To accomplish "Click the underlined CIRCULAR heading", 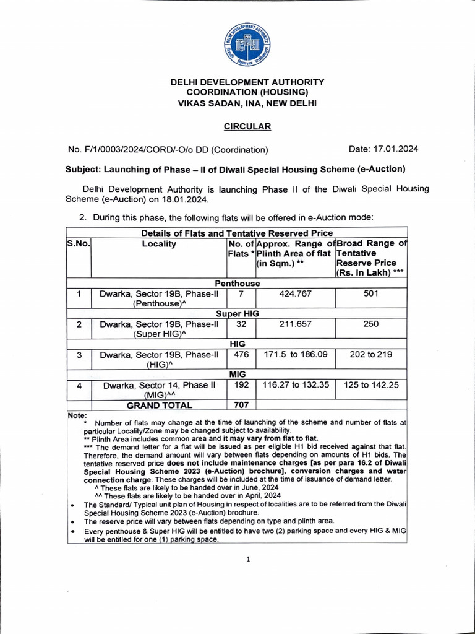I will coord(247,126).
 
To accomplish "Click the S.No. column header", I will coord(79,244).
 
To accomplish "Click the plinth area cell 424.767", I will coord(295,293).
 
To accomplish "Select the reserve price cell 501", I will coord(370,293).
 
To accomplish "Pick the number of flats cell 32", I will coord(241,324).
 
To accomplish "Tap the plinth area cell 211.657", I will coord(295,324).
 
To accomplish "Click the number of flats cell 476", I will coord(241,354).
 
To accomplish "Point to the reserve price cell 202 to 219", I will coord(370,354).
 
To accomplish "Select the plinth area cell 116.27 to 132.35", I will coord(295,384).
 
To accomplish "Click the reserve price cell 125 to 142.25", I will coord(371,384).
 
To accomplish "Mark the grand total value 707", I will coord(241,405).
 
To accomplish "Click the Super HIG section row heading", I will coord(237,313).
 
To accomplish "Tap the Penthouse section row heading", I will coord(237,283).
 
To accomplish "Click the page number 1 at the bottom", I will coord(248,560).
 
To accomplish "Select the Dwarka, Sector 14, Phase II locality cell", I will coord(159,389).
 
